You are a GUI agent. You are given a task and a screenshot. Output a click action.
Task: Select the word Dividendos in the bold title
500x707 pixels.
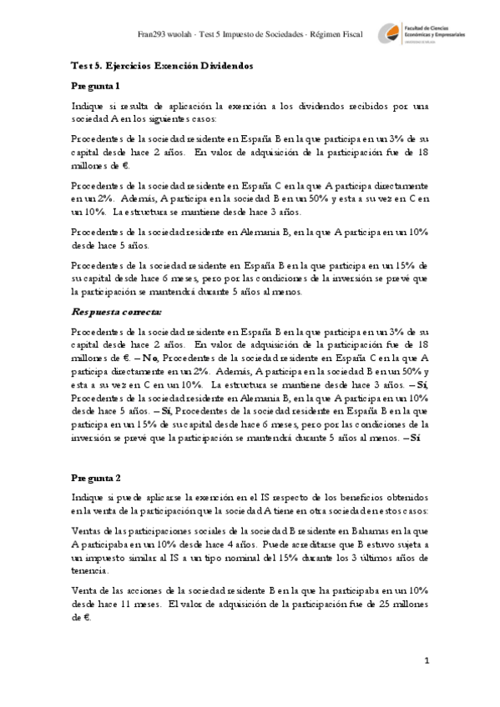[226, 65]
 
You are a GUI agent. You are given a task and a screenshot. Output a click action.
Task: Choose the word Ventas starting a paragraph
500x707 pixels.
[86, 530]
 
